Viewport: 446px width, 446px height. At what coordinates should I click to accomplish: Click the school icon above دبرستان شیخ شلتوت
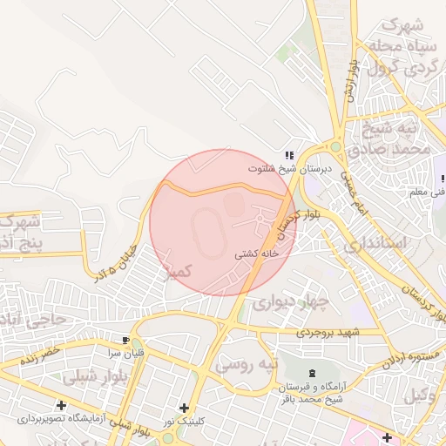point(289,154)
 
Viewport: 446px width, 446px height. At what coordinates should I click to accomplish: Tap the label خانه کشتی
point(256,255)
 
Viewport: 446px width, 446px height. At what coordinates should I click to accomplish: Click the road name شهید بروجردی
point(327,333)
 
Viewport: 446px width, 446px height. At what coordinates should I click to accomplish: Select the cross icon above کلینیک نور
point(184,408)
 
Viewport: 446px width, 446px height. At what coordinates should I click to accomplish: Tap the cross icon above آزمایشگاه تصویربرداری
point(61,405)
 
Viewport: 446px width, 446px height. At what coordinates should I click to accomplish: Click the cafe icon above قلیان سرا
point(126,340)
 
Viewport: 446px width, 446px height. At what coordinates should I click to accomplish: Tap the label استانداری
point(375,244)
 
